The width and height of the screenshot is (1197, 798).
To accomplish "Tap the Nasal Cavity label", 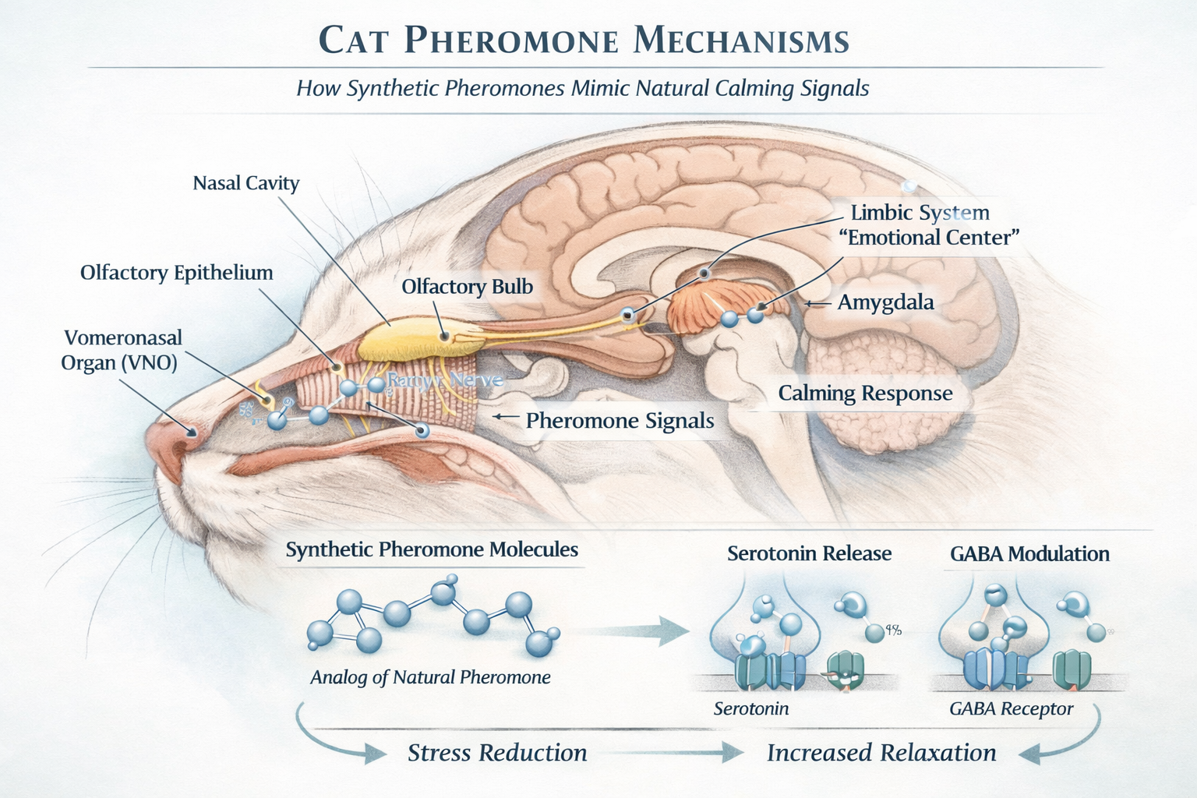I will (x=246, y=183).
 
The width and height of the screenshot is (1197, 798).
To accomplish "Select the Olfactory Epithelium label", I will (x=177, y=273).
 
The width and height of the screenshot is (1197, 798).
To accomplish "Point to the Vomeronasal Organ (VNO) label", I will (x=122, y=350).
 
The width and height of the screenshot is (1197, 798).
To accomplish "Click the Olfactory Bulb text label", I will (x=467, y=287).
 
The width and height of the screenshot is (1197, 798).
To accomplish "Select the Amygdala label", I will (x=885, y=302).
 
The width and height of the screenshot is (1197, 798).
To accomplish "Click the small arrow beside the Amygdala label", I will (x=816, y=303).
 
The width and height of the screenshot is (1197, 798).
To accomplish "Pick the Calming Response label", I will (x=865, y=394).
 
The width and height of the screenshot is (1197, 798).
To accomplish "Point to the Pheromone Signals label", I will (x=620, y=421).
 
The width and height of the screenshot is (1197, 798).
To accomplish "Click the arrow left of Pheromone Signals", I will (x=506, y=418).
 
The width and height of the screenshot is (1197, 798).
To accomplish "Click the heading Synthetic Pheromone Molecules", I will (x=432, y=550).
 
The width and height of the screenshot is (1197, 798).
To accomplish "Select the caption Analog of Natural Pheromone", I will (x=430, y=677).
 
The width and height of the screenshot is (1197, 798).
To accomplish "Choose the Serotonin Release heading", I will (x=809, y=554).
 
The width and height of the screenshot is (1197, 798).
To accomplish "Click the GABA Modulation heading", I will (x=1029, y=554).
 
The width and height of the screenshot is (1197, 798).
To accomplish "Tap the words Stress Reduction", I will (x=497, y=753).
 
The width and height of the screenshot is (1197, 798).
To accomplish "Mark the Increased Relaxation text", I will (x=881, y=753).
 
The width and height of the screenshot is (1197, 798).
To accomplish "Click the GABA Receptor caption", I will (x=1011, y=709).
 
